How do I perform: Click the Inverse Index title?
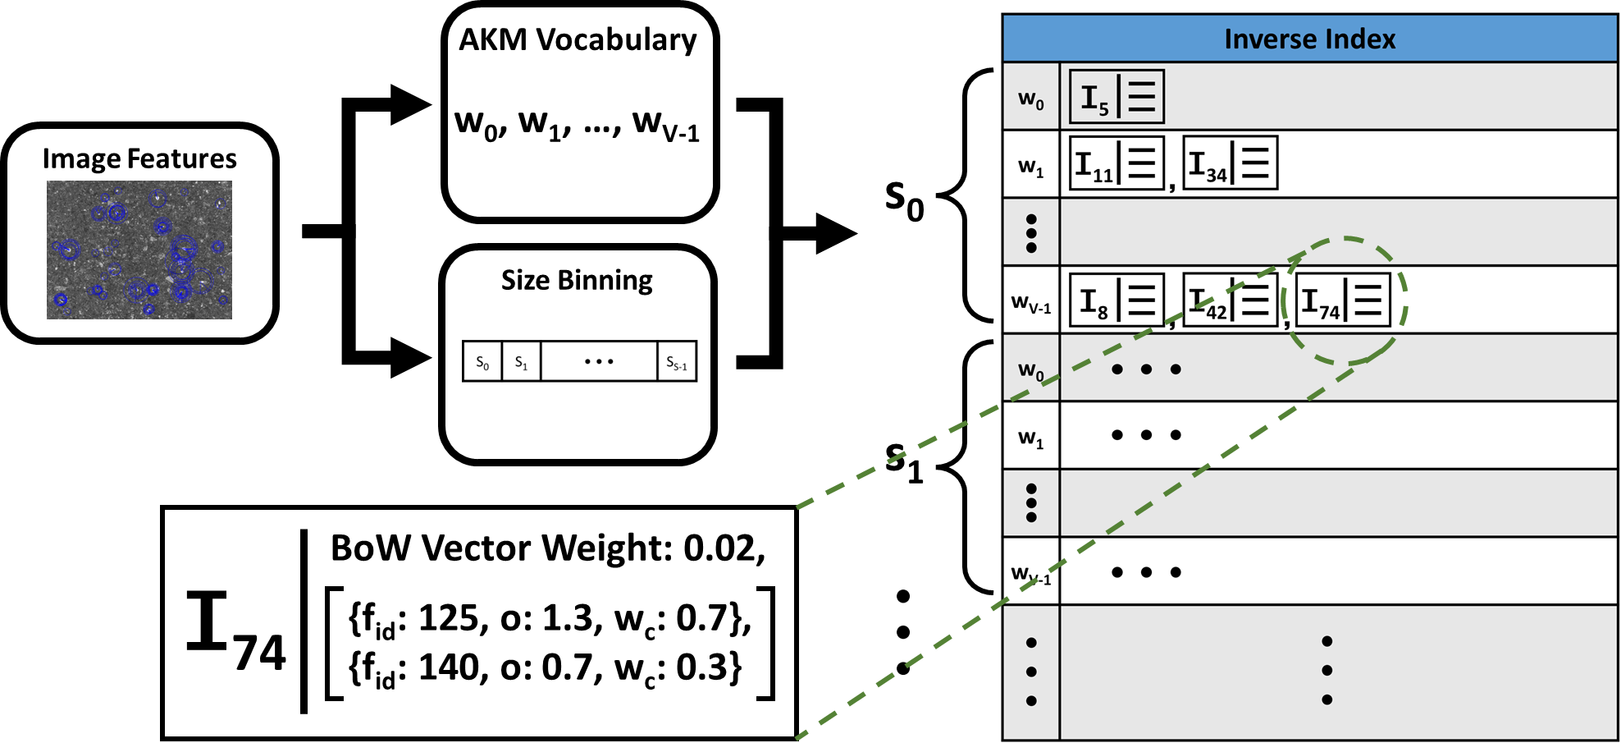(1309, 39)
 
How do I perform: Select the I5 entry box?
(1116, 97)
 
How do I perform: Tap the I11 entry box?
(1116, 163)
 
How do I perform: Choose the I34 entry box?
(1230, 163)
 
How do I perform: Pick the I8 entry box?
(1116, 300)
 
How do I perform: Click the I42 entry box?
(1230, 300)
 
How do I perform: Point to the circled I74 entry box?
(1343, 300)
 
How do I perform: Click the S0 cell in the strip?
(482, 362)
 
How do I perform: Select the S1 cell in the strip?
(521, 362)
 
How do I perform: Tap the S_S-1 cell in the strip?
(676, 362)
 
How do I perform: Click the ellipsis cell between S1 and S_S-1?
(599, 362)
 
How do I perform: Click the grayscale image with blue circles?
(139, 250)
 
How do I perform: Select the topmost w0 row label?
(1031, 99)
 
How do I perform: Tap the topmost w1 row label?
(1031, 167)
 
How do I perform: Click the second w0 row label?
(1031, 370)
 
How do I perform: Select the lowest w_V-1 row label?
(1031, 573)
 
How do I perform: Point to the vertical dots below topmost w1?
(1031, 233)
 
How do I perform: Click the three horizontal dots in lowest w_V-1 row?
(1146, 572)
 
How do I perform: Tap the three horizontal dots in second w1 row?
(1146, 435)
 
